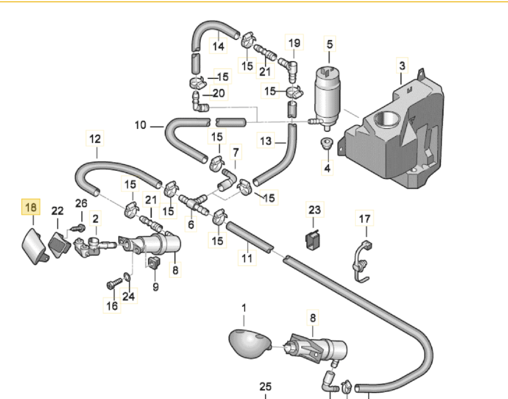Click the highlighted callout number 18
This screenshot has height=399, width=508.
(x=31, y=207)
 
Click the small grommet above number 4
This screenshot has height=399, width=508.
(x=327, y=143)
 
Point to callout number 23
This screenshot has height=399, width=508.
(x=314, y=210)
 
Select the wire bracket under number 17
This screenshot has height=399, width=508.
(x=361, y=260)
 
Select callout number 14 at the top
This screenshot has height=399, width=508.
(x=218, y=46)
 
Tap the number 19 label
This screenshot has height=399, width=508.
(x=294, y=43)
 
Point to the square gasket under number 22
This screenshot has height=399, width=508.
(x=58, y=242)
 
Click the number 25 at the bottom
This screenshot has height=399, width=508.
(x=265, y=386)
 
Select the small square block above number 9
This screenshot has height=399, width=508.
(x=153, y=262)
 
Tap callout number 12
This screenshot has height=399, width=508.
(x=95, y=139)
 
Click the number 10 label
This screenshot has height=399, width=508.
(x=140, y=125)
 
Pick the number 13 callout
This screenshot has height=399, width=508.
(x=266, y=141)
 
